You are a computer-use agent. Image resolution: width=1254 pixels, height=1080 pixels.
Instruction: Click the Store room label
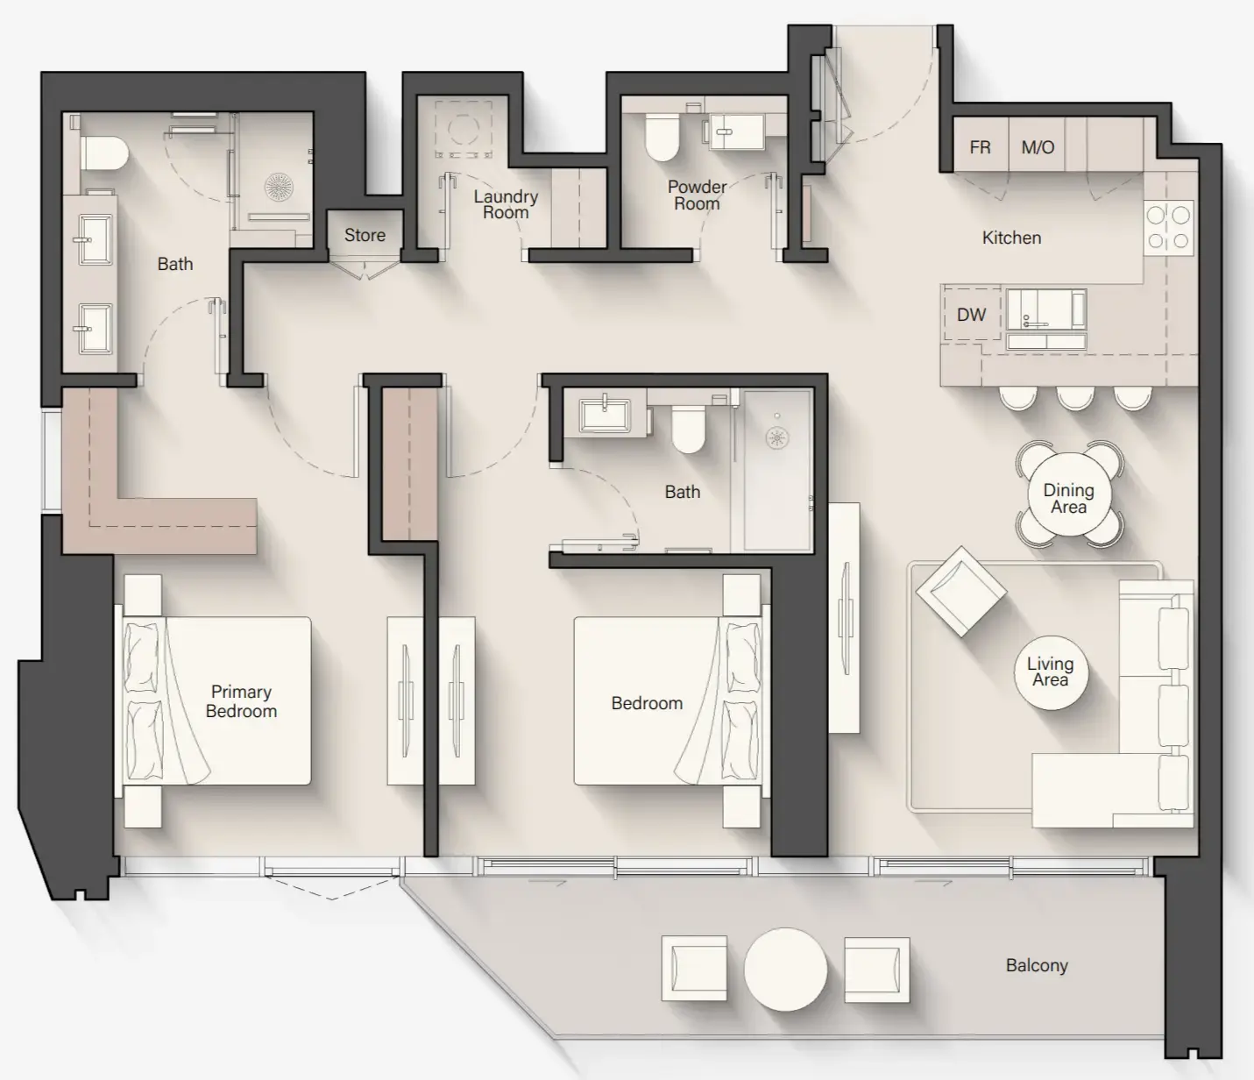click(x=365, y=235)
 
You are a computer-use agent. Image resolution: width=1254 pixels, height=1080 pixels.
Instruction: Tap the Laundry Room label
click(x=506, y=204)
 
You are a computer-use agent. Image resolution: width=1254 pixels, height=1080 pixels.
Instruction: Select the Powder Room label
click(x=697, y=195)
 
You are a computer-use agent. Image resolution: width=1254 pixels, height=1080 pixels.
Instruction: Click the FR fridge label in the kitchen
click(x=980, y=147)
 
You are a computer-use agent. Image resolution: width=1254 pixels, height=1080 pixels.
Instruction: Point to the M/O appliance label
click(x=1038, y=147)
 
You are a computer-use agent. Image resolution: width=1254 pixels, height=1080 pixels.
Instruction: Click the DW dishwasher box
click(x=971, y=315)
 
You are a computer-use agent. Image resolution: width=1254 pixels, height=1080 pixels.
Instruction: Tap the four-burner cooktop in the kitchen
click(x=1169, y=227)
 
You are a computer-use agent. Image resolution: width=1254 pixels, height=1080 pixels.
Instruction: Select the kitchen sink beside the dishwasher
click(x=1045, y=311)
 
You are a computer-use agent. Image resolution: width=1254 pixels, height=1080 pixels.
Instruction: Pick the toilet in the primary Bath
click(x=104, y=154)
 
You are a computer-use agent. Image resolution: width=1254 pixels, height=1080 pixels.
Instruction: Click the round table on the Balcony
click(x=785, y=970)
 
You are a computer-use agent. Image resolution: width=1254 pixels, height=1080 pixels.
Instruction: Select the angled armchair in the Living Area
click(x=960, y=592)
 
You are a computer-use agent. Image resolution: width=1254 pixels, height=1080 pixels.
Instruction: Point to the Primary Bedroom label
click(x=241, y=701)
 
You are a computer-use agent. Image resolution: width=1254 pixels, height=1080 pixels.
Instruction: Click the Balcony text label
click(x=1037, y=965)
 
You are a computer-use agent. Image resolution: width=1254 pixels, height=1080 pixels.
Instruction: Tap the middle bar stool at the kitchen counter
click(x=1075, y=398)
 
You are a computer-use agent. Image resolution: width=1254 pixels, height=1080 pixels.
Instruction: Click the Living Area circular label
click(x=1050, y=671)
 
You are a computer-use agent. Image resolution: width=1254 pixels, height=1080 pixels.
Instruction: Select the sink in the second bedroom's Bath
click(x=605, y=414)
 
